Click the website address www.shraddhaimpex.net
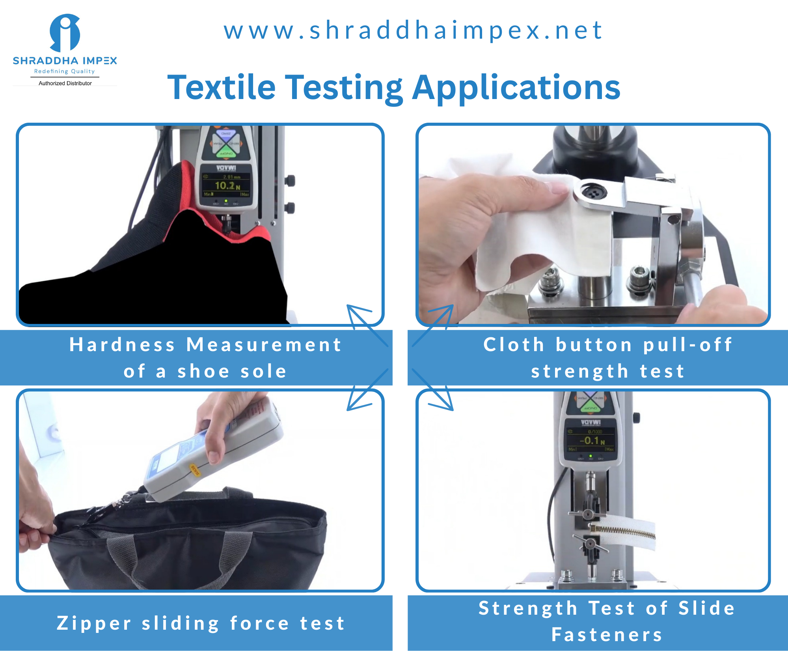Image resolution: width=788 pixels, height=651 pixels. point(413,30)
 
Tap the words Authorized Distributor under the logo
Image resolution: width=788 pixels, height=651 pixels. point(65,83)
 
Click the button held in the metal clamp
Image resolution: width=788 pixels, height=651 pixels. point(591,193)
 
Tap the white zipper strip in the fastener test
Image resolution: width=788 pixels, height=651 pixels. point(623,533)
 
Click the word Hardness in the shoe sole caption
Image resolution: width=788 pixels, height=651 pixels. point(122,345)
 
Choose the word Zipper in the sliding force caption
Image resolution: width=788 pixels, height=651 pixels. point(94,623)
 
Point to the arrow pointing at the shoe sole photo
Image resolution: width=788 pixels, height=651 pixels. point(367,325)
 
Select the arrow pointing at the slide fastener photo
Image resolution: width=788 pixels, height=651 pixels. point(434,391)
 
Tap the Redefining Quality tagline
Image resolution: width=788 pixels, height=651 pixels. point(65,71)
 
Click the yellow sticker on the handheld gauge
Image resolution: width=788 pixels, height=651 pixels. point(195,470)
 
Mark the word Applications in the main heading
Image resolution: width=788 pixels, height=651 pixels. point(516,88)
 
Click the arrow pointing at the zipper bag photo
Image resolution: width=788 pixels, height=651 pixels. point(367,391)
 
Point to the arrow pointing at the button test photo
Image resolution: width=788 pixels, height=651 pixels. point(434,325)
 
